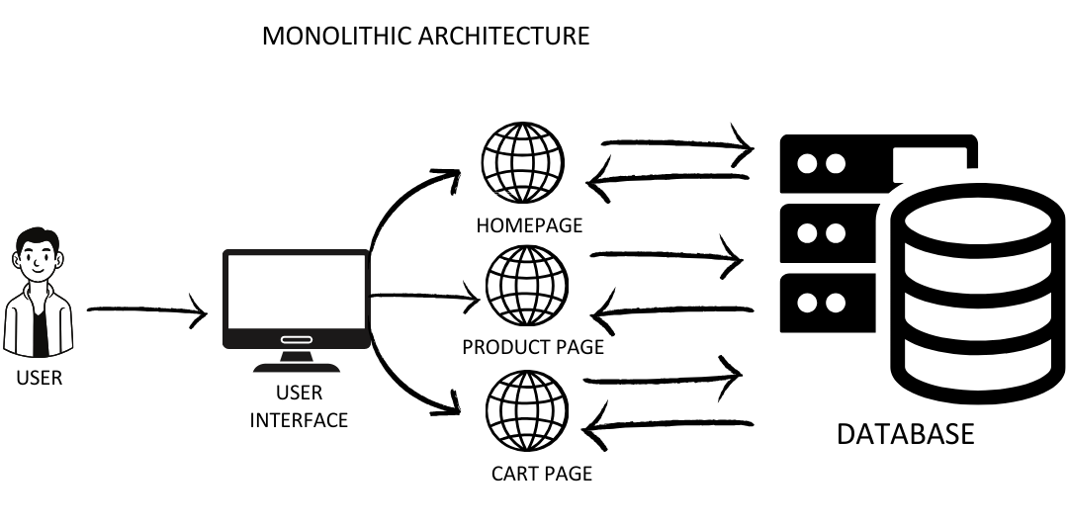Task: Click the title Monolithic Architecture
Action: (x=425, y=37)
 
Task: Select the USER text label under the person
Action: (x=39, y=378)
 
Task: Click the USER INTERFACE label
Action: (x=299, y=406)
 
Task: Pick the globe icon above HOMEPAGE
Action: (x=522, y=163)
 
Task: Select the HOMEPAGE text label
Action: (x=529, y=225)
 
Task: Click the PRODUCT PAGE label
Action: (x=533, y=348)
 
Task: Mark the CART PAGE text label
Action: (x=541, y=474)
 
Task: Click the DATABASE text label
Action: (x=905, y=434)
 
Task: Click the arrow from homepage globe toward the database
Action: (x=677, y=146)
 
